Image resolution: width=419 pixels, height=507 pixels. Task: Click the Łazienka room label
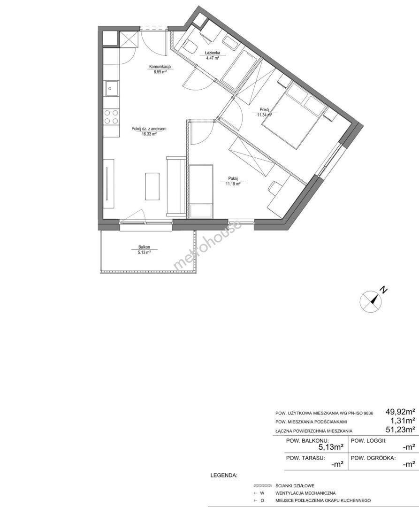click(x=212, y=53)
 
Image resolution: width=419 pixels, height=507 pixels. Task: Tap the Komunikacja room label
click(x=160, y=67)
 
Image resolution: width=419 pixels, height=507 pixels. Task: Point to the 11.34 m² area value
click(x=264, y=115)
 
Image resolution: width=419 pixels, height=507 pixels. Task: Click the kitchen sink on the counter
click(x=112, y=88)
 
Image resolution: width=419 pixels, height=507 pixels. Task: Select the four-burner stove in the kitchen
click(x=112, y=117)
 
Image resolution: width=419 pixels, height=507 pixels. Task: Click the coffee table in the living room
click(x=152, y=186)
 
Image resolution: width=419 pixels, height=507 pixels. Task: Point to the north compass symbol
click(x=371, y=301)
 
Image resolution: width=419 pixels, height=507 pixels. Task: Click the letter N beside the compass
click(x=383, y=289)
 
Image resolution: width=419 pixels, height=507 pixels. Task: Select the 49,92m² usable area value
click(x=400, y=412)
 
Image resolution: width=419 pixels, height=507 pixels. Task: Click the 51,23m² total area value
click(x=400, y=430)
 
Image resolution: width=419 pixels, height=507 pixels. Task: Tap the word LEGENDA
click(x=224, y=476)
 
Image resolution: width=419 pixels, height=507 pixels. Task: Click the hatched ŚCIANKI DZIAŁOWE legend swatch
click(x=262, y=486)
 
